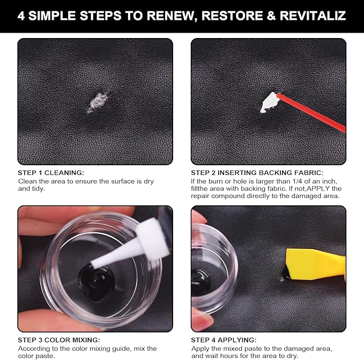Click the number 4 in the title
(x=21, y=15)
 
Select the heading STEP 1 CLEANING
(x=51, y=173)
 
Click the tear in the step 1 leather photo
(x=98, y=101)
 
